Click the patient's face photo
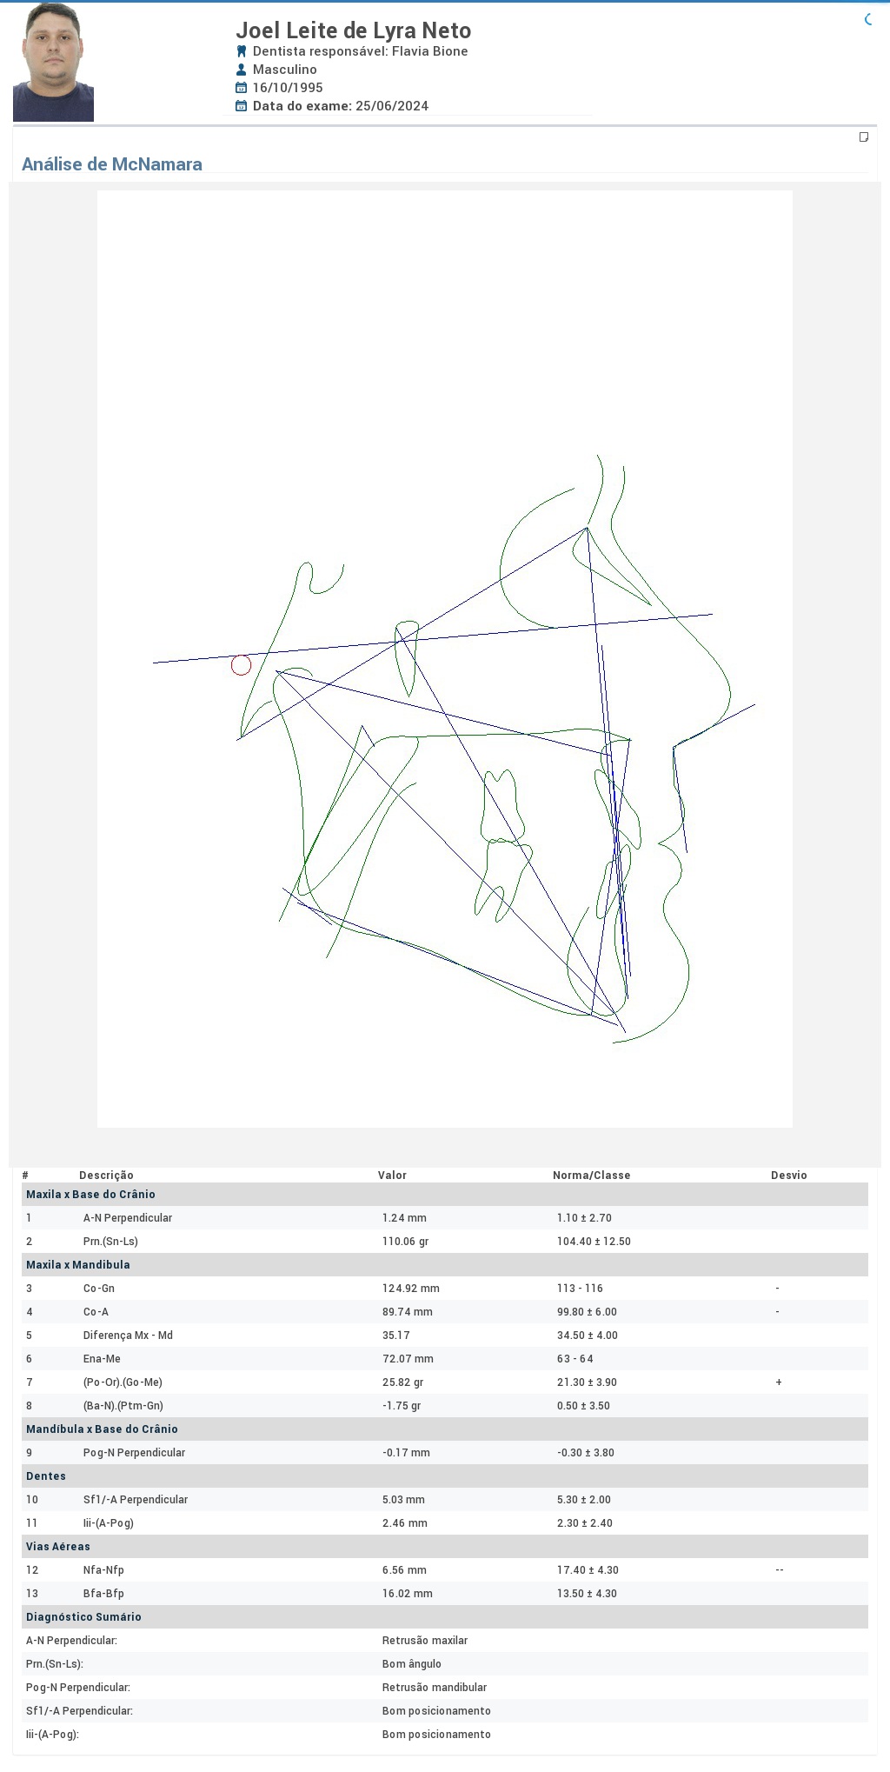tap(53, 62)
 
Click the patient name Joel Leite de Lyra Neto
tap(354, 30)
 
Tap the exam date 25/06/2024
tap(392, 106)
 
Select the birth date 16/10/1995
tap(288, 88)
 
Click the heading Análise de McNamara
tap(112, 164)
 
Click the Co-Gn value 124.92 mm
tap(411, 1289)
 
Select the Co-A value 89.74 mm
tap(408, 1312)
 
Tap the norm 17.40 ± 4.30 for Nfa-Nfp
tap(588, 1570)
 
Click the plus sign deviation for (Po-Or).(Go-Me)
tap(779, 1382)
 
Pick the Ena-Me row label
tap(102, 1359)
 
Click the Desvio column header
tap(789, 1176)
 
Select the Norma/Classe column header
tap(592, 1176)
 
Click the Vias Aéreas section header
tap(58, 1547)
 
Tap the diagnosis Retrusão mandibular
tap(435, 1688)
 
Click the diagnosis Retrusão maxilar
tap(425, 1641)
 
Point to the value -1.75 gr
tap(402, 1406)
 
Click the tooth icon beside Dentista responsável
tap(242, 51)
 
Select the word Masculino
tap(285, 70)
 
